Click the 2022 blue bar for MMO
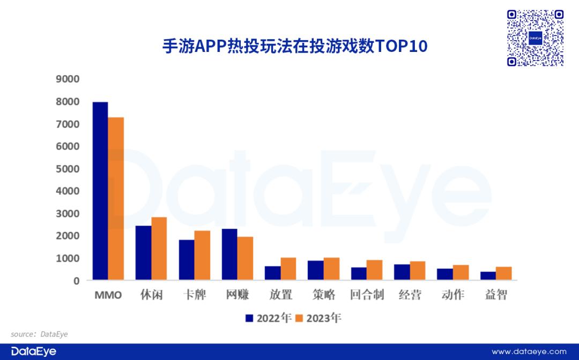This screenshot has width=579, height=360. (100, 191)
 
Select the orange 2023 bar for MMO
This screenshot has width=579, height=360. (116, 198)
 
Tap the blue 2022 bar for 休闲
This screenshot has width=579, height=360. (143, 253)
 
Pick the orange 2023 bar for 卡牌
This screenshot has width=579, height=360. (202, 256)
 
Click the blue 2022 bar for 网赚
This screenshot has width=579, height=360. (229, 254)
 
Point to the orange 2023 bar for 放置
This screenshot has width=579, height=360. (288, 269)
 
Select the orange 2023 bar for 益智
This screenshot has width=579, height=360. (503, 273)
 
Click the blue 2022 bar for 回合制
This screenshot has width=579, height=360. (359, 274)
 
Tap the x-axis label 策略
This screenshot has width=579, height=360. (324, 295)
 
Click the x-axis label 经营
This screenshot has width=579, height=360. (410, 295)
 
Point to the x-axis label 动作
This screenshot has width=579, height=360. (452, 295)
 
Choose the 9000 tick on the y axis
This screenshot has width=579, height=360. (68, 79)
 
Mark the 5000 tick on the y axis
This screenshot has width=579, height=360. (68, 169)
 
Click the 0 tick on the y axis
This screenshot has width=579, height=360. (76, 280)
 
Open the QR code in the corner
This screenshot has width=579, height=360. (536, 37)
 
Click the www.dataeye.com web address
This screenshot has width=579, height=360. (529, 351)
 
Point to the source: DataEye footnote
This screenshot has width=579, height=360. (40, 334)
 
